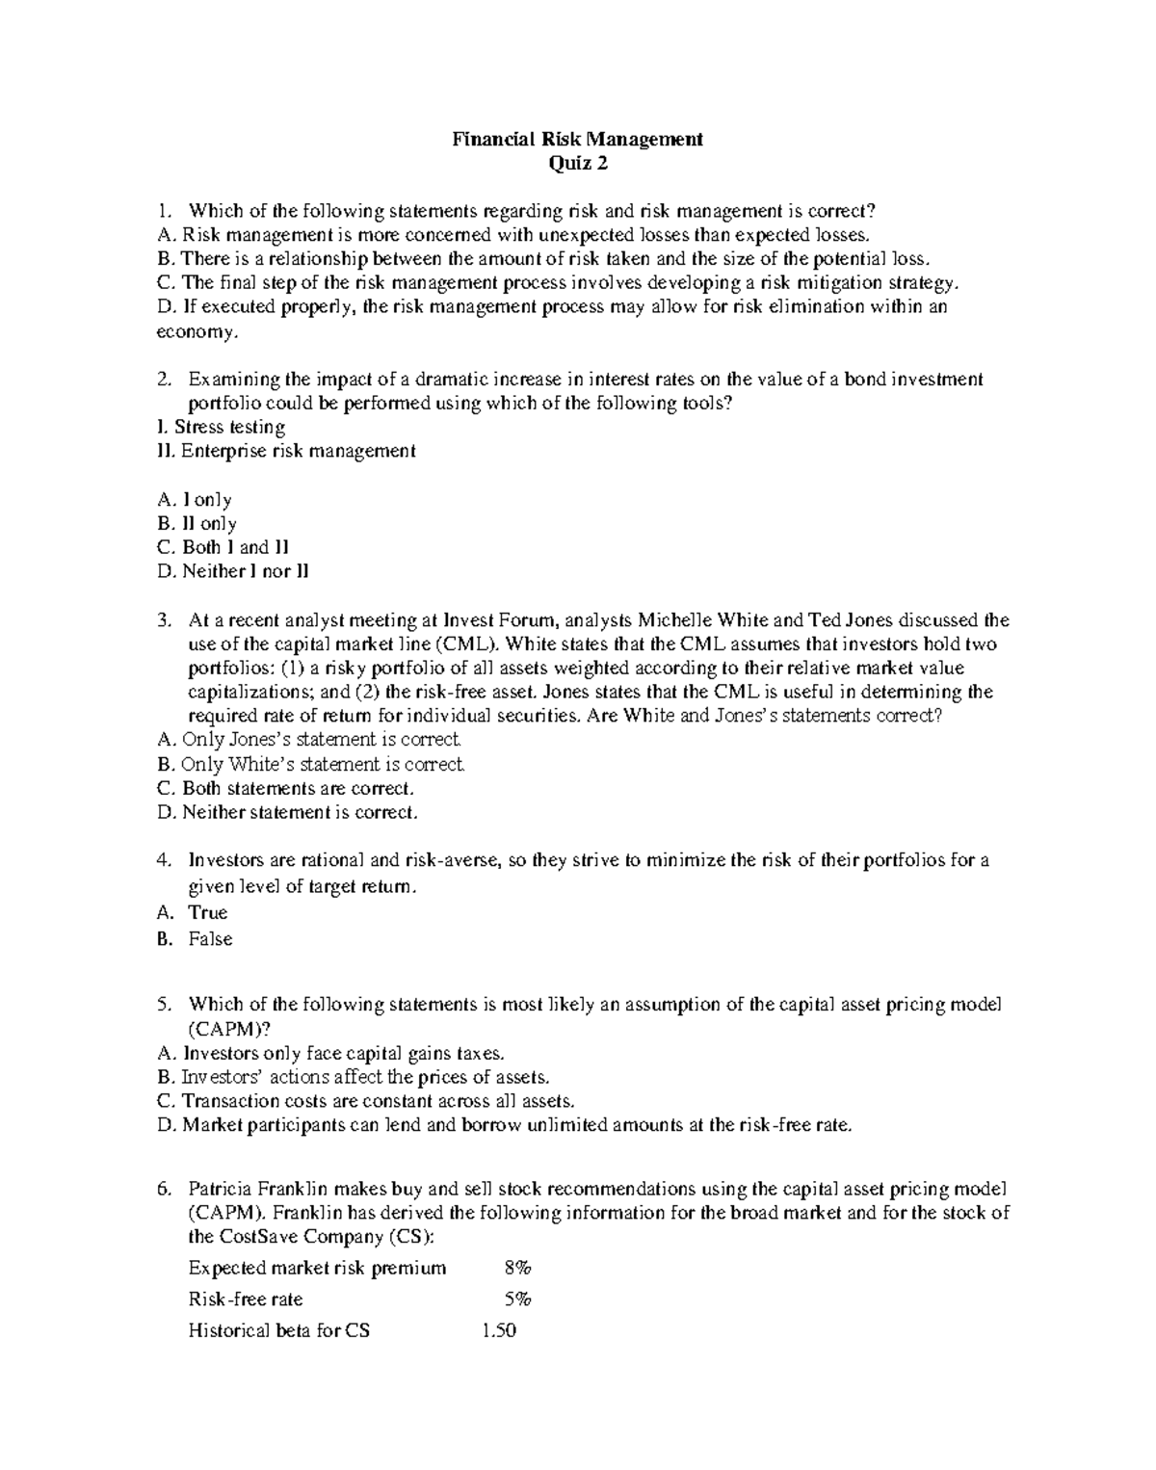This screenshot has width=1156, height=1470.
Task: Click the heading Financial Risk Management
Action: pos(578,139)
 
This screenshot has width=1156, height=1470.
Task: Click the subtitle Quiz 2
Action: pos(578,163)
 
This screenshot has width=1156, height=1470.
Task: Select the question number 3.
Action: pos(163,620)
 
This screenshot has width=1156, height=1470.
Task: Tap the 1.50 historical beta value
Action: pos(498,1331)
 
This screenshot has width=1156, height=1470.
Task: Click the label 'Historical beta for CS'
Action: pos(278,1331)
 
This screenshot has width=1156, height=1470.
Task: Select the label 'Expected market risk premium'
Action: pos(317,1268)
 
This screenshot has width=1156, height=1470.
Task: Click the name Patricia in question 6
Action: pos(222,1189)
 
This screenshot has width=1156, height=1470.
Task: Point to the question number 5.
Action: pos(163,1005)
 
